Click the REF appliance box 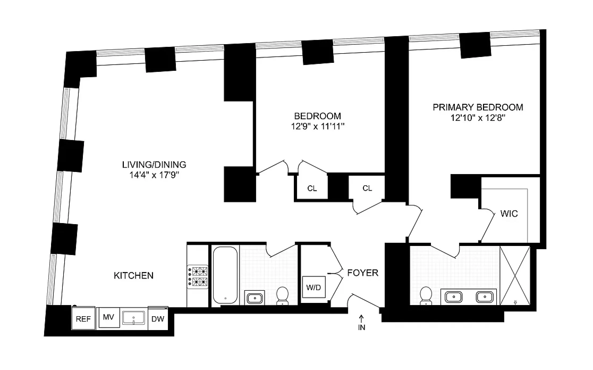coord(83,318)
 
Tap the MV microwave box coord(108,317)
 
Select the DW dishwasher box coord(158,319)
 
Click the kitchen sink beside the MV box coord(134,318)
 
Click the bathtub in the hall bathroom coord(225,275)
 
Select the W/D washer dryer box coord(314,287)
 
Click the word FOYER coord(363,273)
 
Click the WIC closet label coord(509,214)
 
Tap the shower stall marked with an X coord(515,275)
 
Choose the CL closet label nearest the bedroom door coord(312,188)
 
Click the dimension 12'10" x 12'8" coord(478,118)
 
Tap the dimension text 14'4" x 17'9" coord(154,175)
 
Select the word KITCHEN coord(134,276)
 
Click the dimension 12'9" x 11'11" coord(317,126)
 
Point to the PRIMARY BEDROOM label coord(478,107)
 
